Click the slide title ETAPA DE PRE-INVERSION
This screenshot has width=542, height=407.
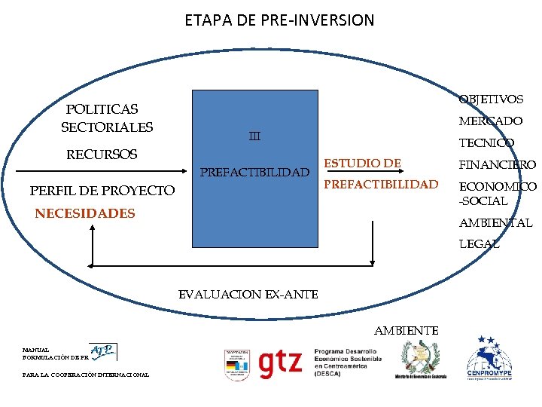click(x=279, y=20)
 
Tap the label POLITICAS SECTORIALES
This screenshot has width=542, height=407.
click(x=106, y=118)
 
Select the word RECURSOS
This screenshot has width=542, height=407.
click(x=102, y=155)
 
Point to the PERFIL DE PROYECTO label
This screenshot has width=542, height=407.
click(x=102, y=191)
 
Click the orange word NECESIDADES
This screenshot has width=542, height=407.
click(x=85, y=214)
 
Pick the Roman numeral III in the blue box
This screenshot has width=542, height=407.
click(x=254, y=136)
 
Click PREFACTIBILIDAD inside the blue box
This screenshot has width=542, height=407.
click(x=254, y=173)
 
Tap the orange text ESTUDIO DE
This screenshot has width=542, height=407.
click(x=362, y=163)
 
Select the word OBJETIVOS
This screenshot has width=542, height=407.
click(x=491, y=99)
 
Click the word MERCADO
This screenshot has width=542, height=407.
click(x=490, y=121)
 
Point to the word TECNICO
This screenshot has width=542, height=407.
click(x=486, y=142)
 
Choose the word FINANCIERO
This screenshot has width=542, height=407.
click(x=496, y=164)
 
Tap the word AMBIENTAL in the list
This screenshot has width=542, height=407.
click(x=495, y=223)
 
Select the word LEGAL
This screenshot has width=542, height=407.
click(x=479, y=244)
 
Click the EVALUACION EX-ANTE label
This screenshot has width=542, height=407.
click(x=248, y=294)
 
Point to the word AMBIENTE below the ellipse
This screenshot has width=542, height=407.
click(x=406, y=330)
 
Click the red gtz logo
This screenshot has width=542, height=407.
click(x=280, y=363)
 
